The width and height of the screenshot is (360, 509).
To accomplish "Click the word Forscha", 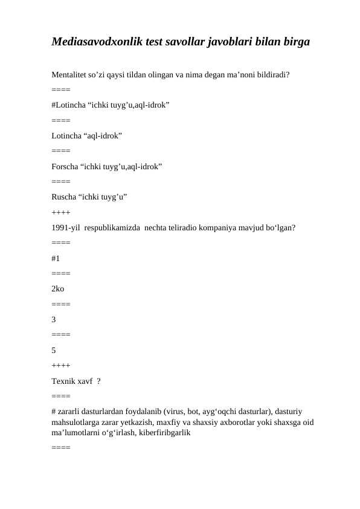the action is [x=65, y=165].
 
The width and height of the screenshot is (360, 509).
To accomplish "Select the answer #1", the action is [x=56, y=258].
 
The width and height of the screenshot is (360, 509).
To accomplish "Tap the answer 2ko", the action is [x=58, y=289].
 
